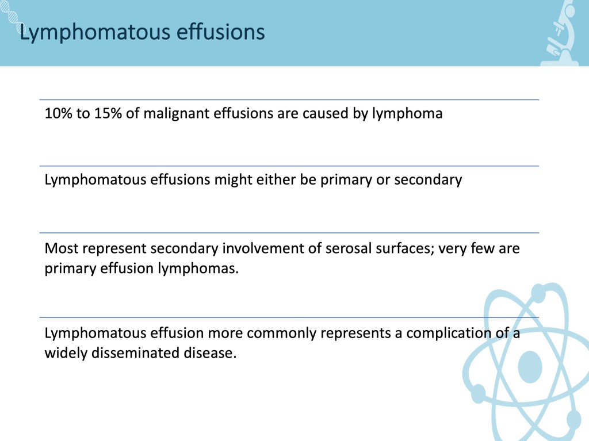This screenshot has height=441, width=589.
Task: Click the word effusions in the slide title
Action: (221, 32)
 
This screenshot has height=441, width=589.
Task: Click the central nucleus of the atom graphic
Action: (530, 367)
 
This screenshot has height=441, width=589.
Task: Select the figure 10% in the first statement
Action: (59, 113)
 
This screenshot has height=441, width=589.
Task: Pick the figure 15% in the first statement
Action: (108, 113)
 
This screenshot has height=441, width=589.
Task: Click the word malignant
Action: (176, 113)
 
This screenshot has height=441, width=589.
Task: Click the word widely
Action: (66, 354)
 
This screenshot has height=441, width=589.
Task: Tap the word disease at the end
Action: (210, 353)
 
